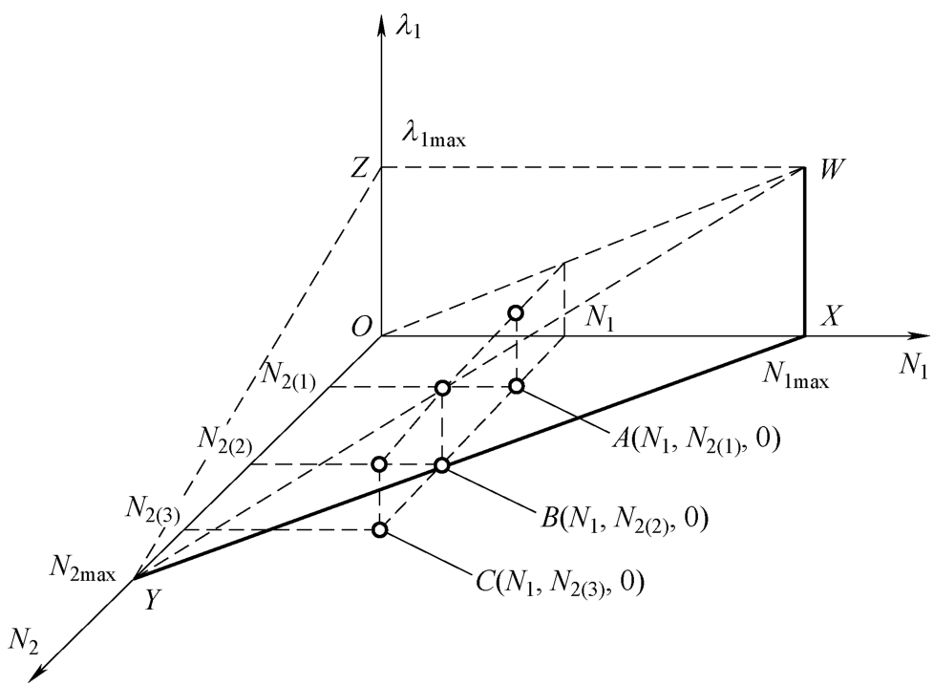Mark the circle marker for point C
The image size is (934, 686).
(380, 529)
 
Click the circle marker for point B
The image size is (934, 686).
(442, 465)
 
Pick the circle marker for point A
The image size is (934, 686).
(516, 386)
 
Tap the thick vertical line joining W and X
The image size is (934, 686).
(805, 253)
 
